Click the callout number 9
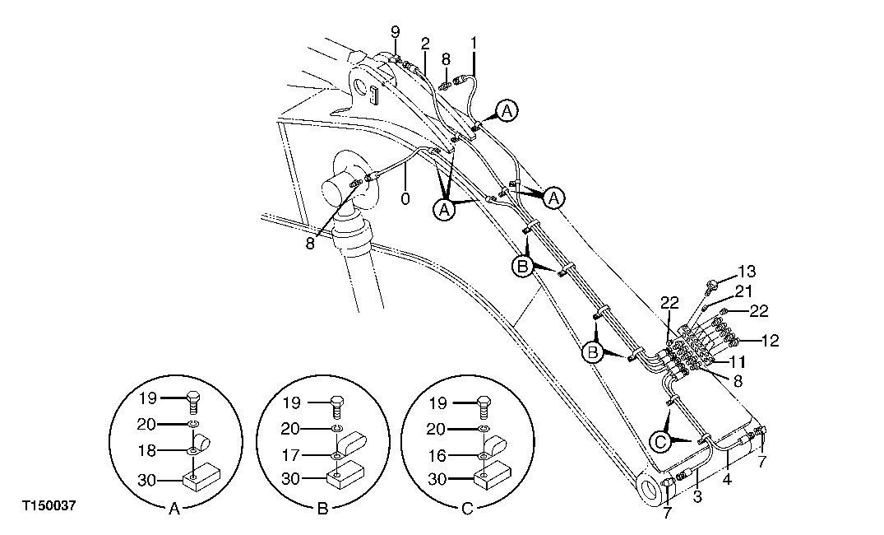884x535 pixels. (x=395, y=31)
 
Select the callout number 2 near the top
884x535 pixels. (x=425, y=42)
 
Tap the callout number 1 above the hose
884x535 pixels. (x=474, y=41)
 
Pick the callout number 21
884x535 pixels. (x=743, y=291)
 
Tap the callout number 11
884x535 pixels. (x=738, y=361)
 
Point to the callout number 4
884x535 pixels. (x=726, y=477)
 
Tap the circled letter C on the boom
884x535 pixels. (x=660, y=442)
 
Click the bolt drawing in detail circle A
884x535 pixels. (x=192, y=403)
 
